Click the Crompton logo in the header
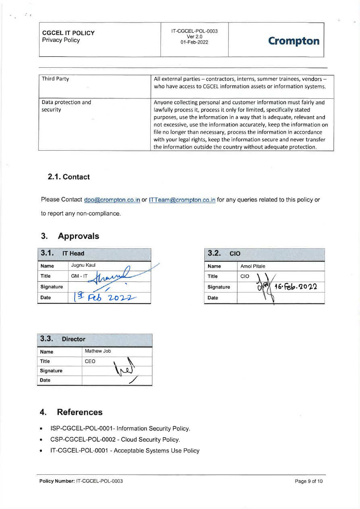293,41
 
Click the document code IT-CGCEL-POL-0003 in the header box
194,31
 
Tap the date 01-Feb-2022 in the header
194,42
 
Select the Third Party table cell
56,79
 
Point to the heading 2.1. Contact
69,177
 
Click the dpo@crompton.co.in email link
112,200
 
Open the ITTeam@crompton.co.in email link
182,200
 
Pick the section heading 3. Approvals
70,236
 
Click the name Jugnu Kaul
83,265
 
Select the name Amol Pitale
253,266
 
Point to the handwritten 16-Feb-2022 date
295,287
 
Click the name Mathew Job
98,351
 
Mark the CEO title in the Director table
90,361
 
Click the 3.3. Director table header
62,339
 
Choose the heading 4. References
71,412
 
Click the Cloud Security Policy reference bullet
115,440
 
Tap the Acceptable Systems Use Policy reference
125,451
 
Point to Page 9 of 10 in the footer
308,481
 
